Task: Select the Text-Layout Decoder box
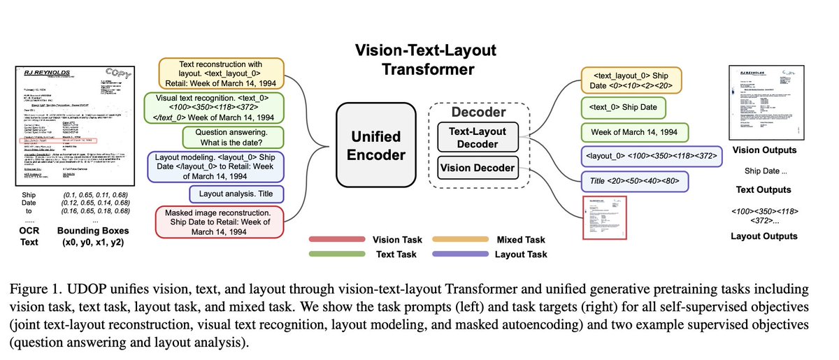point(478,136)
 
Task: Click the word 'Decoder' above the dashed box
point(477,111)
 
